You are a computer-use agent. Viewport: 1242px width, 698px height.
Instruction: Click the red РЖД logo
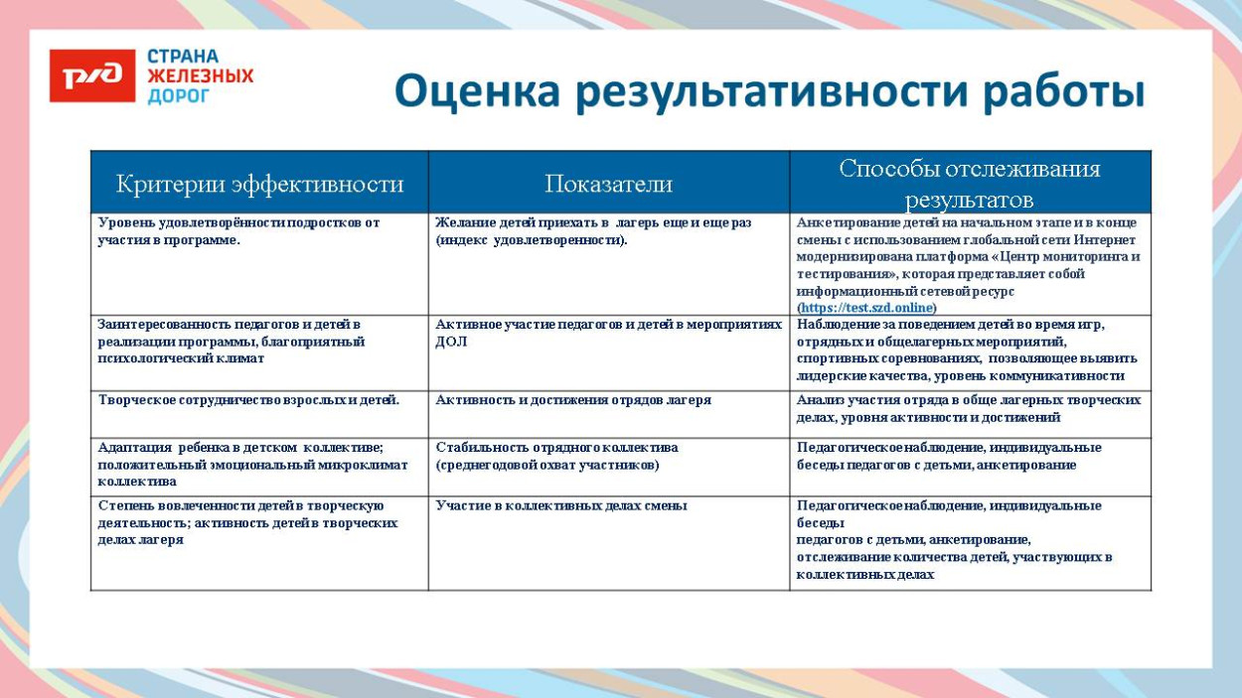tap(92, 76)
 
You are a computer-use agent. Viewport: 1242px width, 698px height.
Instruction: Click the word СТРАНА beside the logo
tap(183, 57)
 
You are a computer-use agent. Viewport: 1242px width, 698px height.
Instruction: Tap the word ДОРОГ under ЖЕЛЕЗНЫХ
tap(179, 96)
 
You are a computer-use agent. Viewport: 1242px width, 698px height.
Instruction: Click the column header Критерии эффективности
tap(259, 184)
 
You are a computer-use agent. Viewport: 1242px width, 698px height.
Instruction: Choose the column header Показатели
tap(608, 184)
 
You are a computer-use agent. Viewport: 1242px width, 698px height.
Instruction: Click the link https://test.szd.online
tap(867, 308)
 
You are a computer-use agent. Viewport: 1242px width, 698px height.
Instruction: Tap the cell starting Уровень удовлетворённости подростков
tap(238, 231)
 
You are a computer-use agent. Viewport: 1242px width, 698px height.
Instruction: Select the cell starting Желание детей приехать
tap(593, 231)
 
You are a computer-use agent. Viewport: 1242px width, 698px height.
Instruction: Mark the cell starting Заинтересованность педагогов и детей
tap(231, 341)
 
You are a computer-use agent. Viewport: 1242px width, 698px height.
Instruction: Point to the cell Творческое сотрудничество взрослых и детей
tap(248, 400)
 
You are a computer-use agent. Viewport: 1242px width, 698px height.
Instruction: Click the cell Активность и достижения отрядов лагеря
tap(573, 400)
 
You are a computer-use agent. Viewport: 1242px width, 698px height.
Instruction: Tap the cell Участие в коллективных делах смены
tap(561, 505)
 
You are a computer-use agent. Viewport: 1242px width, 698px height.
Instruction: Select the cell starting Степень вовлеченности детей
tap(247, 522)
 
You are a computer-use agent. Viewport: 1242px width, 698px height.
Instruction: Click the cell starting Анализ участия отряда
tap(968, 409)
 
